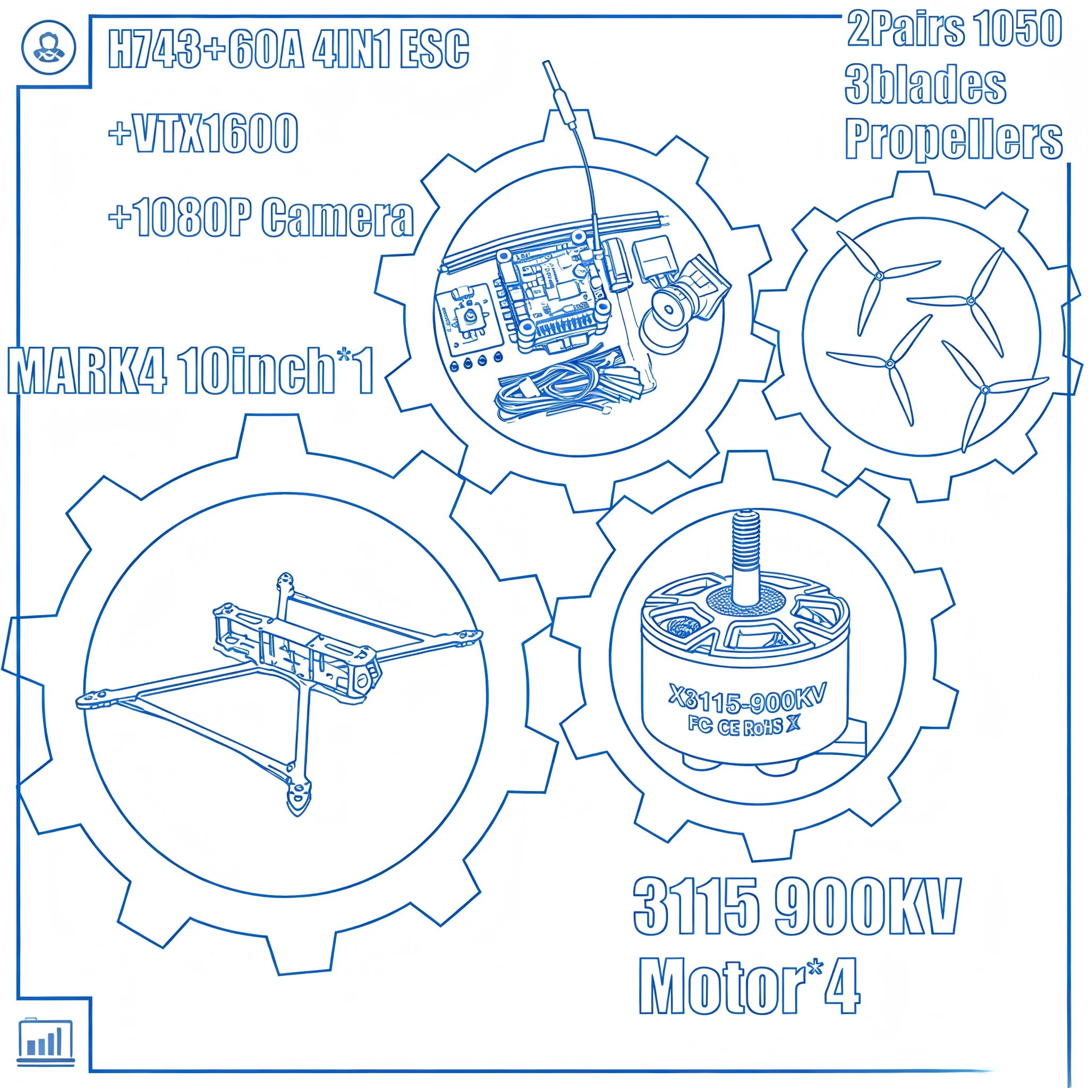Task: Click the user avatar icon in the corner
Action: (x=48, y=47)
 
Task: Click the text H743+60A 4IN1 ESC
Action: (x=288, y=49)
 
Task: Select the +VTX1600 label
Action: (x=203, y=133)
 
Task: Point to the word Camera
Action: (x=338, y=217)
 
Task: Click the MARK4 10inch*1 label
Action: (x=190, y=371)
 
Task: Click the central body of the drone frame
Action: (x=299, y=648)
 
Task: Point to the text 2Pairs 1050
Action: (x=954, y=29)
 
